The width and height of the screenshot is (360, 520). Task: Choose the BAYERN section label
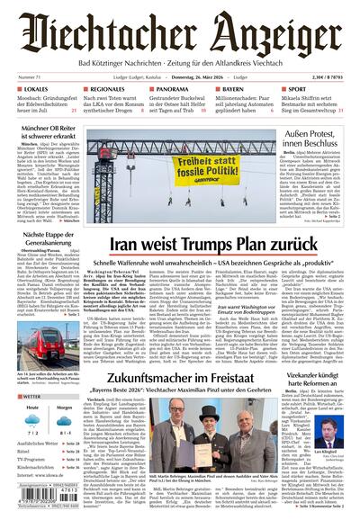(x=235, y=90)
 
